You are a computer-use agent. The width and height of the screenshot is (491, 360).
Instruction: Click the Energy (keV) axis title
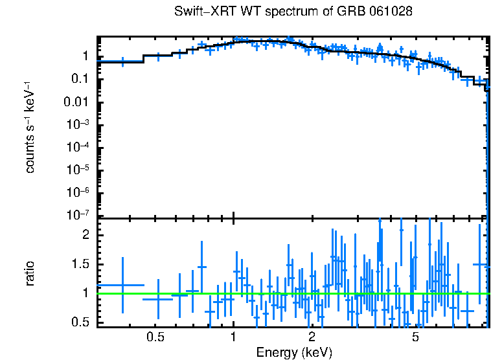pyautogui.click(x=294, y=352)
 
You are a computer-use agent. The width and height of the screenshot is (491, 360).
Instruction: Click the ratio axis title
pyautogui.click(x=30, y=273)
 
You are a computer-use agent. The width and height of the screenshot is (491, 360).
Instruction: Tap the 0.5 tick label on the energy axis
pyautogui.click(x=155, y=337)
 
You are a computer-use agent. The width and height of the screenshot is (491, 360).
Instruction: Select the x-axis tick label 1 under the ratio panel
pyautogui.click(x=233, y=337)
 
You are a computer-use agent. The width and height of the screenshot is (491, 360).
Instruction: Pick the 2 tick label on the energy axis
pyautogui.click(x=312, y=337)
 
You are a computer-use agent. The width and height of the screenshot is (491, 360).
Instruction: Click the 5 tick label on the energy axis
pyautogui.click(x=415, y=337)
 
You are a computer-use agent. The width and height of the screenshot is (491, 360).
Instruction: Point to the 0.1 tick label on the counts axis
pyautogui.click(x=79, y=79)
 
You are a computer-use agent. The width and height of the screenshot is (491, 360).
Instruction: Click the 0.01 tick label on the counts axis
pyautogui.click(x=76, y=102)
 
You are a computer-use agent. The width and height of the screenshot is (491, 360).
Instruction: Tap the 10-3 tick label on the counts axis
pyautogui.click(x=77, y=124)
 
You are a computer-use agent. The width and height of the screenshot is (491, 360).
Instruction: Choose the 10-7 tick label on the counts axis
pyautogui.click(x=77, y=214)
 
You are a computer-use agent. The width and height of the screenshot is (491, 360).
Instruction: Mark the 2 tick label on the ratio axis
pyautogui.click(x=84, y=236)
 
